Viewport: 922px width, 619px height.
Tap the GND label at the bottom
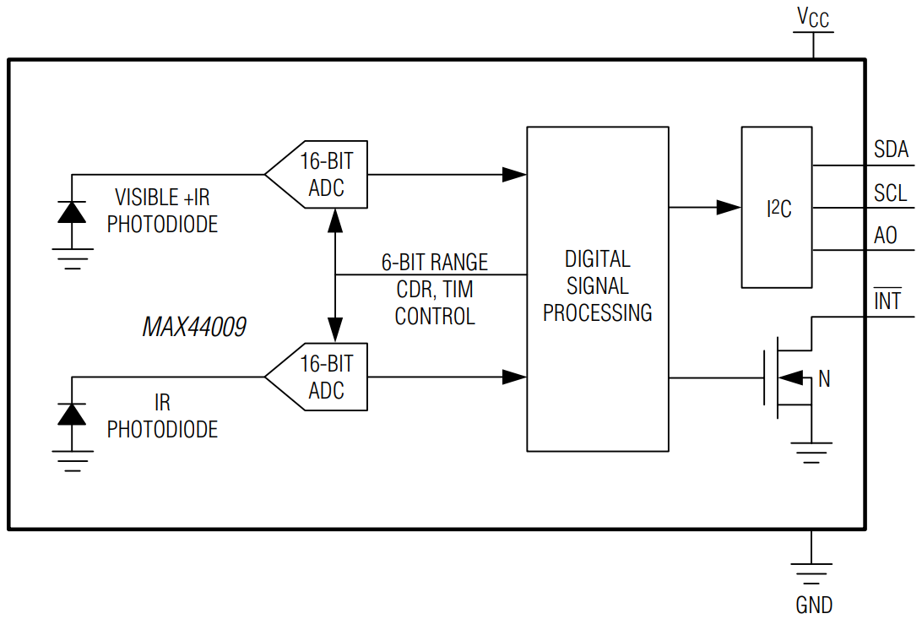814,605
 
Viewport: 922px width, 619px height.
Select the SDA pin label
891,149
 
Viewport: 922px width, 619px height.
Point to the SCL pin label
890,193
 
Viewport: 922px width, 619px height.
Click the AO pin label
886,235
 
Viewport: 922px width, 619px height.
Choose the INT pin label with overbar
887,300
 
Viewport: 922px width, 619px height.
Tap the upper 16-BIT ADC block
317,175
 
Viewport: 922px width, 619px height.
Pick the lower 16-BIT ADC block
317,377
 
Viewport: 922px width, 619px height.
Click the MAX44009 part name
194,327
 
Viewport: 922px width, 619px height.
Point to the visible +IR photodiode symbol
72,212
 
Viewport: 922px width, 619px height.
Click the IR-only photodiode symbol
72,415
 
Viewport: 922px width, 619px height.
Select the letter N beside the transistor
824,379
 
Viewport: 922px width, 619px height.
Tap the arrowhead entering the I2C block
729,208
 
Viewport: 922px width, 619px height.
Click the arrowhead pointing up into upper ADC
335,220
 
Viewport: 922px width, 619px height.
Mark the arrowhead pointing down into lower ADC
335,330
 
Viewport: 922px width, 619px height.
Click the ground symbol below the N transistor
811,453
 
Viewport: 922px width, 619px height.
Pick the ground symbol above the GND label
811,573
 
